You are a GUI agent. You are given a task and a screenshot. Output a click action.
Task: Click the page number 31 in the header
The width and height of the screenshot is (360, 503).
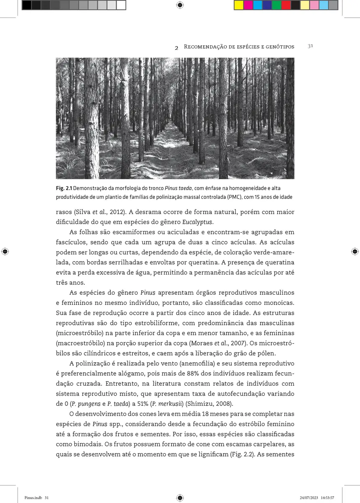click(x=310, y=46)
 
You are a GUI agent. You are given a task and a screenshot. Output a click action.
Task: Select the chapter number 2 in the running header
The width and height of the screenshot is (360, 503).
click(x=177, y=47)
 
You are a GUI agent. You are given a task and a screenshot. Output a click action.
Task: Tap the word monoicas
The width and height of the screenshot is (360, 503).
click(x=278, y=302)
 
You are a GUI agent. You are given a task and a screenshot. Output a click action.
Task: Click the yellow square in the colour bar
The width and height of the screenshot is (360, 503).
click(x=238, y=5)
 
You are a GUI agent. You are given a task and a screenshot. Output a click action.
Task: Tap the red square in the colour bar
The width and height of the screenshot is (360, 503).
click(x=286, y=5)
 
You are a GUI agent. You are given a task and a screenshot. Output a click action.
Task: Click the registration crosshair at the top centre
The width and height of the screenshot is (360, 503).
click(x=180, y=5)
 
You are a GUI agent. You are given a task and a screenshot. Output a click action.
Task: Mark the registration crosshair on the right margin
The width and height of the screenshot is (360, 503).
click(x=355, y=251)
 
